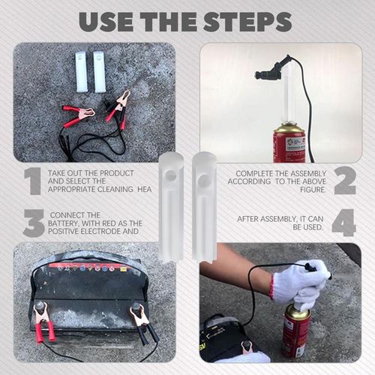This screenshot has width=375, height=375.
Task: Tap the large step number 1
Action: pyautogui.click(x=31, y=181)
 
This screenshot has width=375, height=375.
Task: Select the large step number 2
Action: pyautogui.click(x=344, y=181)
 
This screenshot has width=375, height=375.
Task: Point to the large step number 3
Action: pyautogui.click(x=32, y=223)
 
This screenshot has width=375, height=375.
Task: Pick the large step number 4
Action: pyautogui.click(x=344, y=223)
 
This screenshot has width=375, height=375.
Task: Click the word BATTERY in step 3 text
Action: pyautogui.click(x=64, y=223)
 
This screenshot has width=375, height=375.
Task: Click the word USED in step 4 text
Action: pyautogui.click(x=310, y=227)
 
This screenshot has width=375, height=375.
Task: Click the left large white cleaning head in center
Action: pyautogui.click(x=171, y=205)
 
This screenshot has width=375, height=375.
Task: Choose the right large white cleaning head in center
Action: pyautogui.click(x=204, y=205)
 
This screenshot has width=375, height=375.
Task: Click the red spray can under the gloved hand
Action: pyautogui.click(x=297, y=331)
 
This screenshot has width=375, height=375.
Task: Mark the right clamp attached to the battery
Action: pyautogui.click(x=139, y=319)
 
